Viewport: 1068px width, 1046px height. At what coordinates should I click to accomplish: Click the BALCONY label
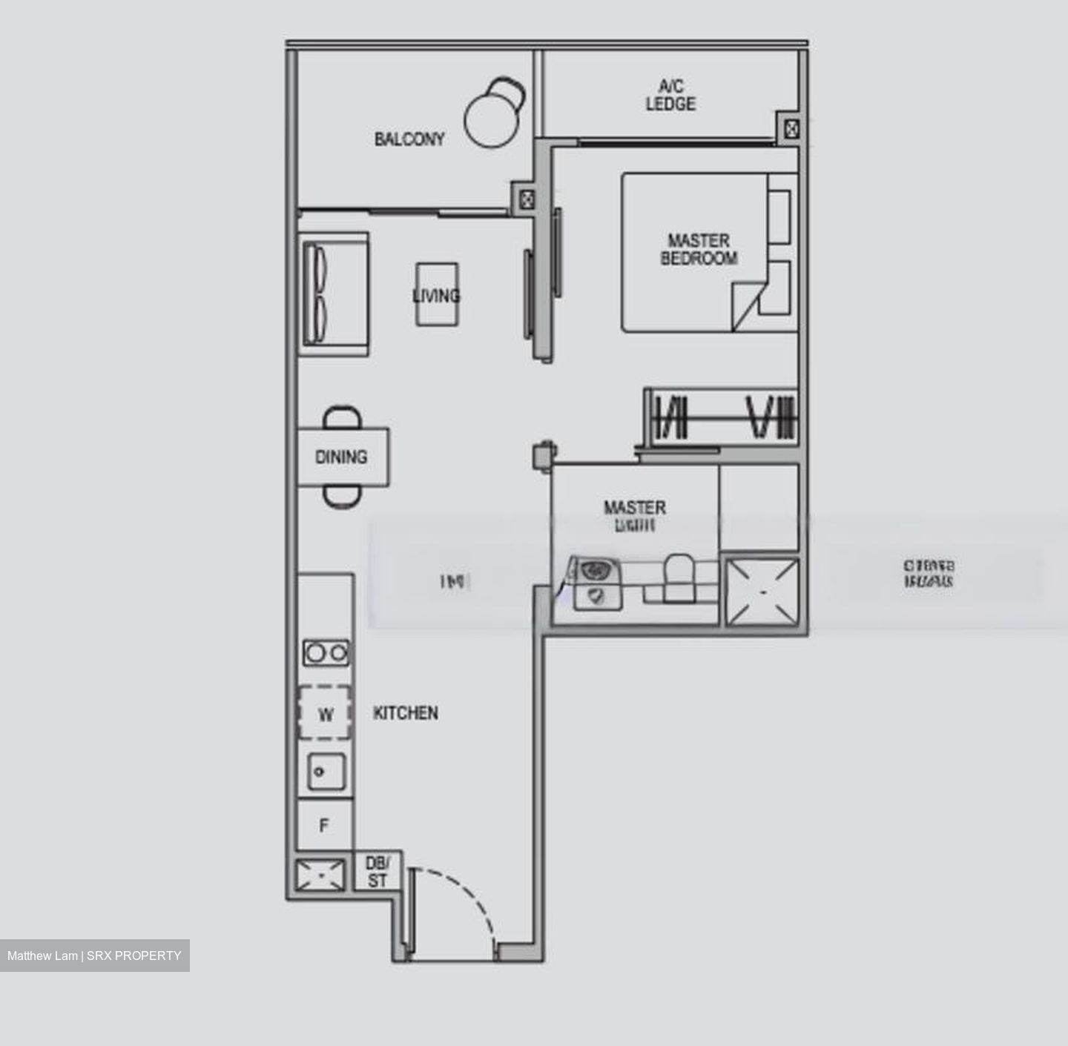coord(409,139)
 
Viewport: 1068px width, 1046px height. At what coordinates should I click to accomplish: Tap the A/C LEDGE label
coord(670,96)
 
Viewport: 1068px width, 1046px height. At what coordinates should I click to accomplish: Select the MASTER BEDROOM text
coord(698,250)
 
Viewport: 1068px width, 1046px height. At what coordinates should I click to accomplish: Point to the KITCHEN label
coord(406,713)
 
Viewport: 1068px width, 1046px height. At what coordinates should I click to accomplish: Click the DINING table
coord(343,457)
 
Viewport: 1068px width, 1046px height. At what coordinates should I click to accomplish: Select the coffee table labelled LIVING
coord(436,294)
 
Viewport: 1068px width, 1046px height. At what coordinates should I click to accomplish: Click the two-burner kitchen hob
coord(326,652)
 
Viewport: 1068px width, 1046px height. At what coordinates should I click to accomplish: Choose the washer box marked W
coord(325,713)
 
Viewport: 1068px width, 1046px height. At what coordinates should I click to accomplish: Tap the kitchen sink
coord(326,772)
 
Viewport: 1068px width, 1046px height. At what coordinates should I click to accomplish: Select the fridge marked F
coord(324,825)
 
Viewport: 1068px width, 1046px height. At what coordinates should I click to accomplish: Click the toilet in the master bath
coord(678,577)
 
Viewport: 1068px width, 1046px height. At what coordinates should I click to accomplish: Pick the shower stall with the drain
coord(762,592)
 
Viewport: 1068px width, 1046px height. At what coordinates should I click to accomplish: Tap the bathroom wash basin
coord(594,571)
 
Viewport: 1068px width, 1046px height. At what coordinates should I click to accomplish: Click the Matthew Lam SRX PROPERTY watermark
coord(94,956)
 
